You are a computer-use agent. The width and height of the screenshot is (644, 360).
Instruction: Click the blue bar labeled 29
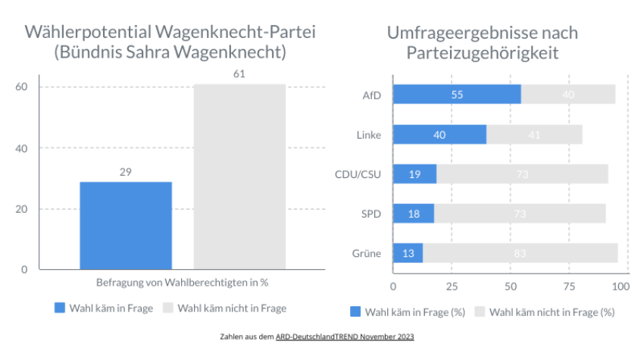point(126,225)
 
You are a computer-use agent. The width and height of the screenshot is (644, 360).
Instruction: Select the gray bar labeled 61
point(239,177)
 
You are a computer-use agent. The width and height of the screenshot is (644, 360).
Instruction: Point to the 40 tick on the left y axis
point(22,148)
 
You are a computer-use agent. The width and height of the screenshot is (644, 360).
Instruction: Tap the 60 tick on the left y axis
point(22,86)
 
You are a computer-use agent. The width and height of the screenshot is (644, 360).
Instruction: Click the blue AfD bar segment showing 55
point(457,95)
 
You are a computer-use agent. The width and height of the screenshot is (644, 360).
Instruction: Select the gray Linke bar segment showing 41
point(534,135)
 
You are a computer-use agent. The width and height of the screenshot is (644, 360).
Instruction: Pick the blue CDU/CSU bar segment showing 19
point(414,174)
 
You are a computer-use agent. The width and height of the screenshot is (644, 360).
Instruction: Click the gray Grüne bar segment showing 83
point(520,253)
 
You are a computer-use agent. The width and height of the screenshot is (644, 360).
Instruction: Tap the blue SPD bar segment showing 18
point(413,214)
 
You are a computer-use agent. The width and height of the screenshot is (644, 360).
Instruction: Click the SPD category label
point(370,214)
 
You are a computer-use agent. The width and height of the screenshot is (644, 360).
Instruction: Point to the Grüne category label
point(367,253)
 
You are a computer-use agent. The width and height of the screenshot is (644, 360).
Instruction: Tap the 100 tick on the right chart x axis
point(621,287)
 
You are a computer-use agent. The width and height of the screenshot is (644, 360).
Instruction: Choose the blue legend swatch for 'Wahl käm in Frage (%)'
point(355,311)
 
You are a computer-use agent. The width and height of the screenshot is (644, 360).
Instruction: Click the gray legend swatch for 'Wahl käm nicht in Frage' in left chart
point(169,308)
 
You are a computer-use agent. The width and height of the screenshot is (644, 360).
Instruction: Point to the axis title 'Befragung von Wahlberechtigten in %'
point(183,283)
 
